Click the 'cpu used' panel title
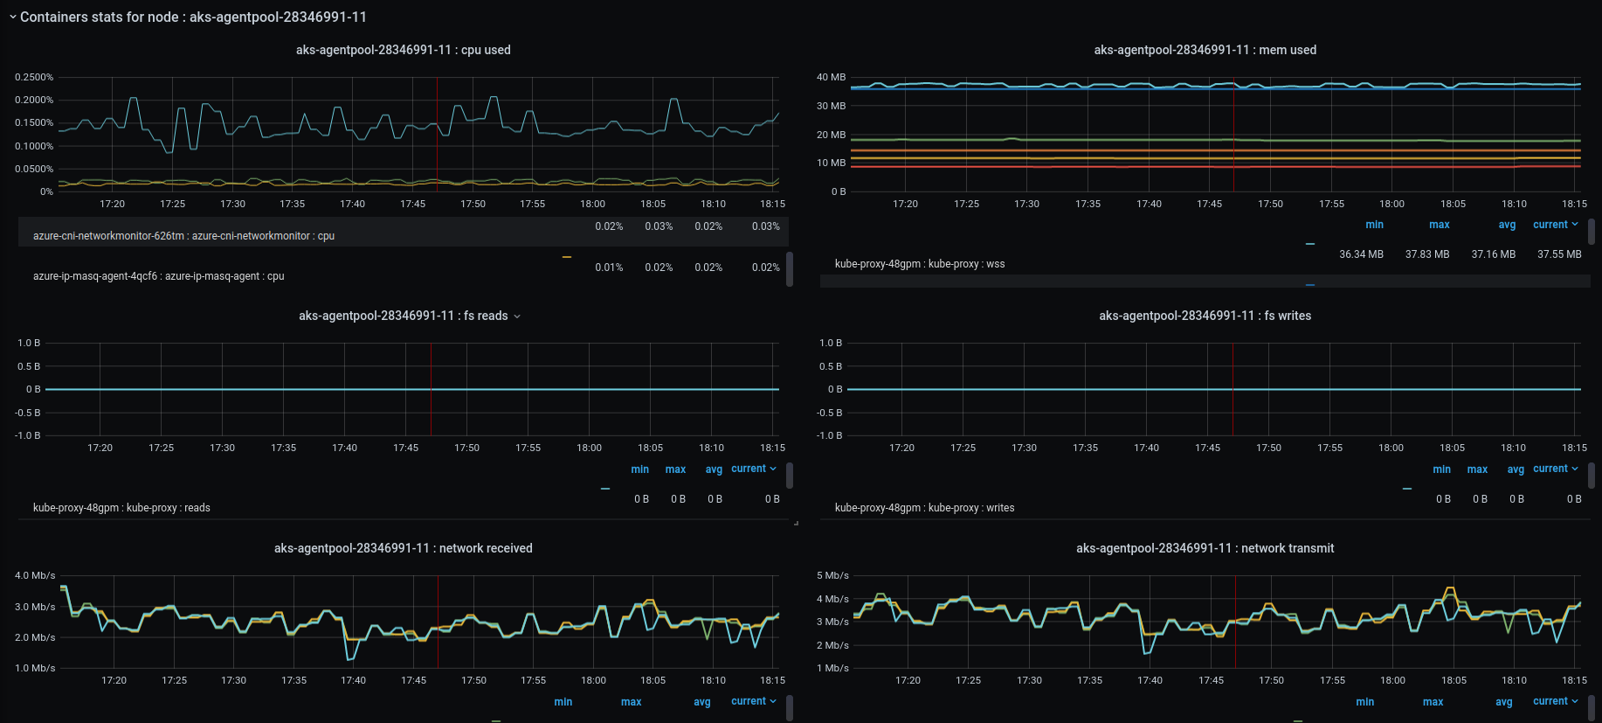(403, 50)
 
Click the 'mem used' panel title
(1205, 50)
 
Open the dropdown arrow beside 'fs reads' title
(517, 316)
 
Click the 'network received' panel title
(403, 548)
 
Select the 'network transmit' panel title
(1205, 548)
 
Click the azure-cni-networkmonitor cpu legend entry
(183, 236)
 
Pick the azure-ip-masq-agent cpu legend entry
(158, 276)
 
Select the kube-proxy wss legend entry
(920, 264)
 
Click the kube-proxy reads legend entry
(121, 508)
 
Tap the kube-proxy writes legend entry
(924, 508)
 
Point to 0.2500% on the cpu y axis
(34, 77)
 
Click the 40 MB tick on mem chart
(831, 77)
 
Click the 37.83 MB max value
(1426, 254)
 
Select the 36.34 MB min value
(1361, 254)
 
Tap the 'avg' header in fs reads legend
(714, 469)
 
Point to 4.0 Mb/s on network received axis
(35, 575)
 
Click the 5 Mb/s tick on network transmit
(832, 575)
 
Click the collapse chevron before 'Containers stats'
(13, 17)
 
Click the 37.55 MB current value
(1559, 254)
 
